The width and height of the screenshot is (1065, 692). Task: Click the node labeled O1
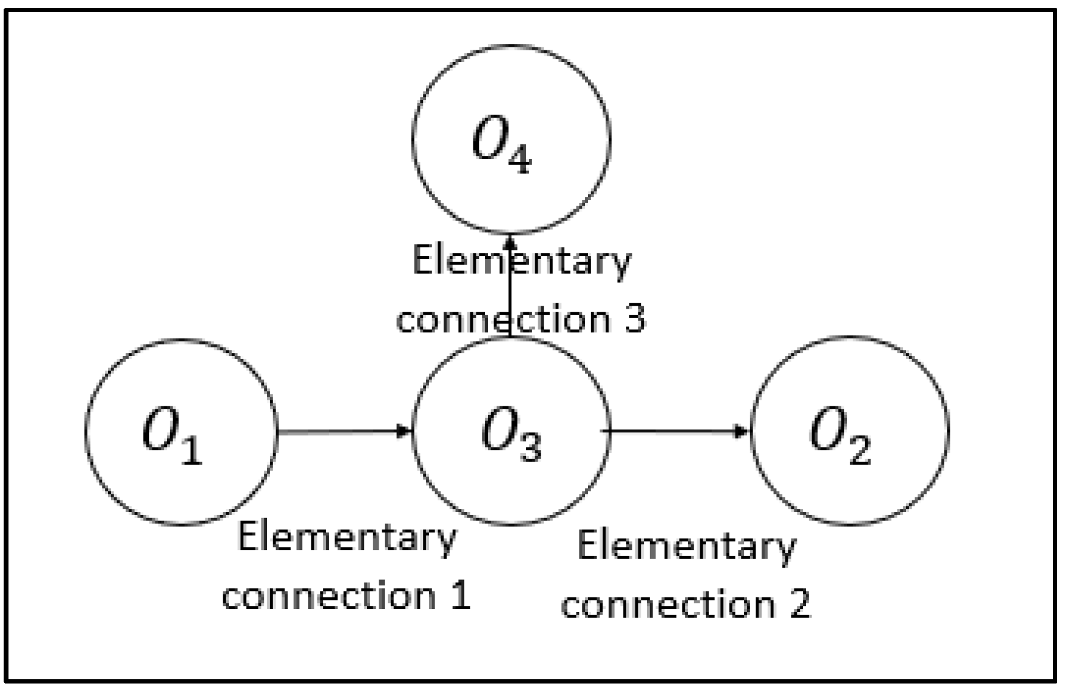[181, 432]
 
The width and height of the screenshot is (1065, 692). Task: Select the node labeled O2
[850, 431]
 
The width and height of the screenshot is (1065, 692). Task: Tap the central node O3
[511, 431]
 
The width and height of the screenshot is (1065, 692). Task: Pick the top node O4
[511, 139]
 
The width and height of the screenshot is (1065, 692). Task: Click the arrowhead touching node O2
[742, 432]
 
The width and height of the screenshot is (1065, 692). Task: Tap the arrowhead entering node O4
[510, 241]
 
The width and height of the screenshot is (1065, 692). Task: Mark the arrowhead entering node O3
[404, 432]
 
